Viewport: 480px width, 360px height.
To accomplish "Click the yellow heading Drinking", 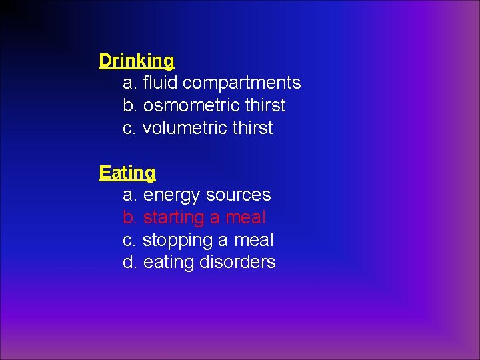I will pos(136,61).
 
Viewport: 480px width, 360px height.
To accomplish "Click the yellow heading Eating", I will pos(127,173).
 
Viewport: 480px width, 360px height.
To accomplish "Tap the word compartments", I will pos(241,83).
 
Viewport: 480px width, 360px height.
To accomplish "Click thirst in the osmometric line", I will pos(265,105).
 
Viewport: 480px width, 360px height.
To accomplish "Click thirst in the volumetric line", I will pos(252,128).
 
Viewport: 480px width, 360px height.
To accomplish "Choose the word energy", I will pos(172,195).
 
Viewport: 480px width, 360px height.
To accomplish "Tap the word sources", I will pos(239,195).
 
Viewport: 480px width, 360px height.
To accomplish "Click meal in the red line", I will pos(245,218).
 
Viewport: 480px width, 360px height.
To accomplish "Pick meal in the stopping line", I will pos(253,240).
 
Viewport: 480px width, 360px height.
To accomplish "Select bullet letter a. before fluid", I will pos(130,83).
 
